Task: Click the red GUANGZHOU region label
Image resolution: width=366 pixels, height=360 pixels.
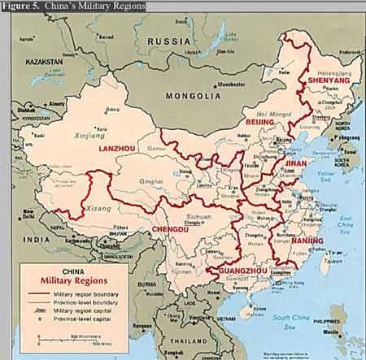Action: [x=236, y=271]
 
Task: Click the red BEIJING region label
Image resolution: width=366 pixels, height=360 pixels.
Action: [x=262, y=121]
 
